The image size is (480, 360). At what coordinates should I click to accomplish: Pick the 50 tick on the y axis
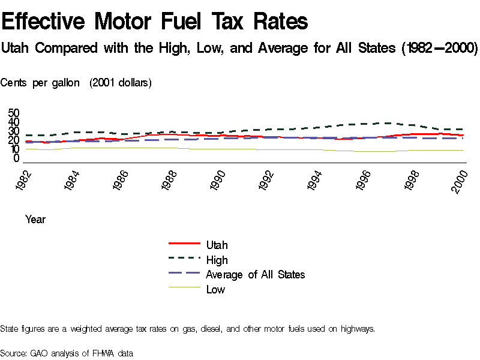[x=14, y=113]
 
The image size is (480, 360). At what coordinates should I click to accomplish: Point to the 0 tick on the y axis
[x=17, y=158]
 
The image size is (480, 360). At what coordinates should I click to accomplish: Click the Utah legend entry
[x=217, y=245]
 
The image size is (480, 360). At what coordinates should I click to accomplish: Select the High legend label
[x=217, y=260]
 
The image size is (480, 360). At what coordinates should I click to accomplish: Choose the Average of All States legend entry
[x=255, y=274]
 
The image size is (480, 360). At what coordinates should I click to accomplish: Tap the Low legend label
[x=215, y=289]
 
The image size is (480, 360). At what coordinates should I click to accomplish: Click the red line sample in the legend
[x=184, y=244]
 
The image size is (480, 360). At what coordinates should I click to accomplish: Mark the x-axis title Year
[x=35, y=220]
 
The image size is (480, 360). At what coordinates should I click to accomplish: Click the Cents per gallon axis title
[x=40, y=83]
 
